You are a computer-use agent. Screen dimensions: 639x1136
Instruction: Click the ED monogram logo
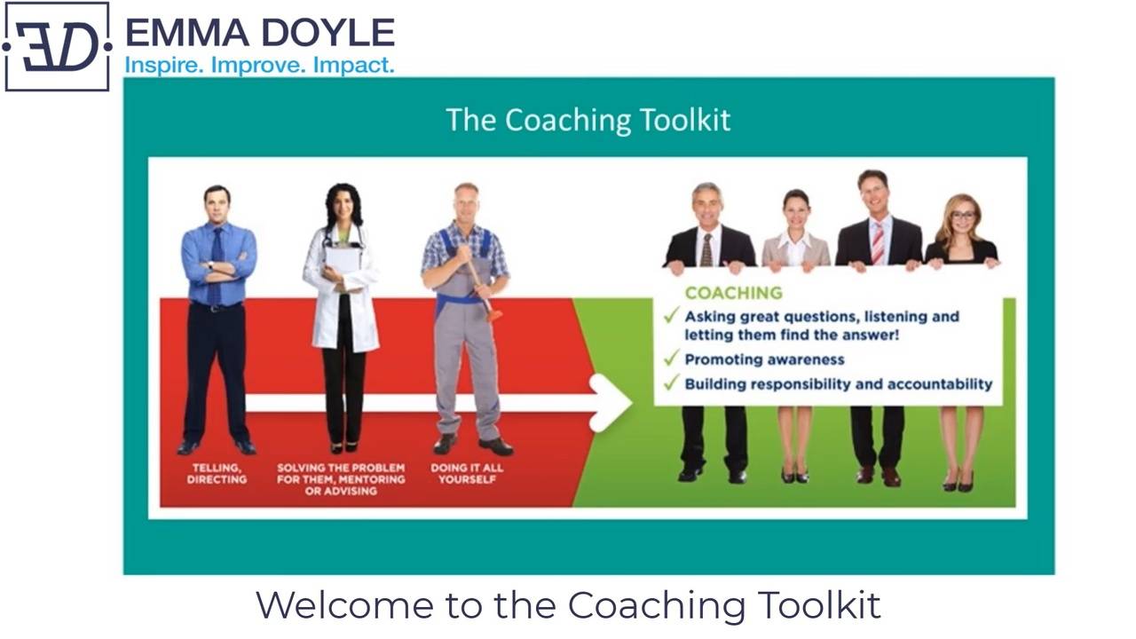[57, 46]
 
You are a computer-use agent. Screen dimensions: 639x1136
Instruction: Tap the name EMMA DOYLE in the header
[259, 33]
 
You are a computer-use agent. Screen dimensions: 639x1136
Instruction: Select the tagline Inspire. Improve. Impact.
[259, 66]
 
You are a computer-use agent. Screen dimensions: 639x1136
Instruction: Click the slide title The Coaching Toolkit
[588, 120]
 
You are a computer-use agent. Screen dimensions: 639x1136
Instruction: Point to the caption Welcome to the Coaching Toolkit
[568, 605]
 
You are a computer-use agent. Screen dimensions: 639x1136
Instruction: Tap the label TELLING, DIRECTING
[217, 473]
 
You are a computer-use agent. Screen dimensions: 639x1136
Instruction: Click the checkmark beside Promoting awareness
[671, 359]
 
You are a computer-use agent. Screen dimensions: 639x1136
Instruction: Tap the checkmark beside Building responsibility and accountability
[671, 383]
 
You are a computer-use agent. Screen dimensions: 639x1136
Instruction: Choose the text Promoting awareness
[764, 359]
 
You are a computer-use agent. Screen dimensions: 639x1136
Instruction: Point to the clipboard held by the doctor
[343, 260]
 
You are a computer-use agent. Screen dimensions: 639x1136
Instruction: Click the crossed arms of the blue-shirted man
[218, 265]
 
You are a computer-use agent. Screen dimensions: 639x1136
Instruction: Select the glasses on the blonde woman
[963, 216]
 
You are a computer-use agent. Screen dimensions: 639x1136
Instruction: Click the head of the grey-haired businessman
[707, 203]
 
